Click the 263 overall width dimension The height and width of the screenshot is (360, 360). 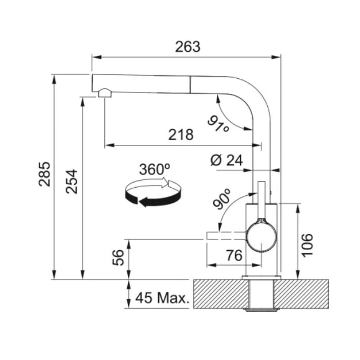click(188, 47)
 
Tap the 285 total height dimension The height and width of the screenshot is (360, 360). click(45, 174)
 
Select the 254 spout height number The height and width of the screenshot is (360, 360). click(72, 182)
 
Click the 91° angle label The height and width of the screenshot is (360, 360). click(219, 124)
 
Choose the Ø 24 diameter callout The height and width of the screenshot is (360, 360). click(227, 160)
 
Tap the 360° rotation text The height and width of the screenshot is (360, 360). click(154, 169)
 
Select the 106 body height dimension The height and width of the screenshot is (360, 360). click(307, 245)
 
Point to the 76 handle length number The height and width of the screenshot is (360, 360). click(234, 255)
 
